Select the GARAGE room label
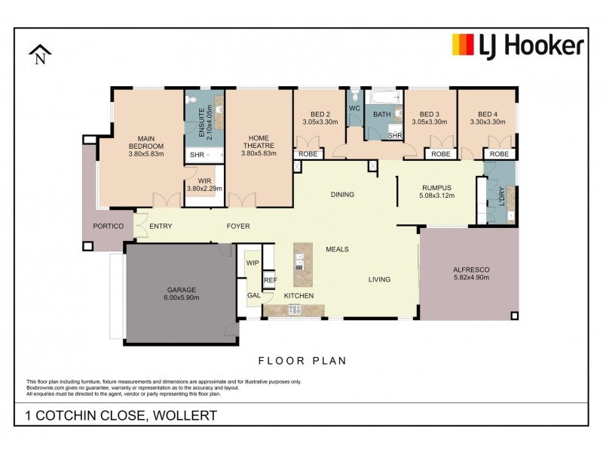pyautogui.click(x=181, y=294)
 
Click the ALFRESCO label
pyautogui.click(x=471, y=273)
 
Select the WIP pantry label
pyautogui.click(x=252, y=263)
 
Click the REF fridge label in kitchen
pyautogui.click(x=270, y=280)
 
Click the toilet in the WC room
pyautogui.click(x=354, y=97)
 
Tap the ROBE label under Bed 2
pyautogui.click(x=308, y=154)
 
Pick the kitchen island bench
pyautogui.click(x=302, y=258)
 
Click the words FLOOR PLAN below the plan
pyautogui.click(x=302, y=361)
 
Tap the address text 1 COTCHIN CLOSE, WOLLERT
pyautogui.click(x=121, y=415)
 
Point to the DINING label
pyautogui.click(x=342, y=195)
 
